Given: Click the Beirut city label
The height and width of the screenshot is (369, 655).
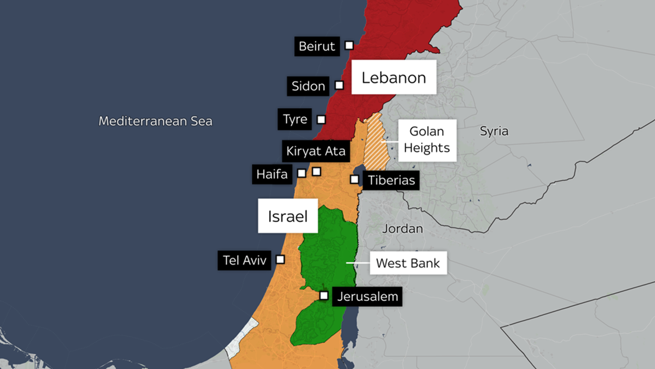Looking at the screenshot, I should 317,46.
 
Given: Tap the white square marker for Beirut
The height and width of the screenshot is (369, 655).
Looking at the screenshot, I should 349,45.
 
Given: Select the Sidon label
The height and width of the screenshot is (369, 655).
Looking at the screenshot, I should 308,86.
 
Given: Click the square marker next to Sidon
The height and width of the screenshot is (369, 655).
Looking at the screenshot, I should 339,85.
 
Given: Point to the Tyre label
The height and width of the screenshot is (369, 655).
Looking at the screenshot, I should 295,119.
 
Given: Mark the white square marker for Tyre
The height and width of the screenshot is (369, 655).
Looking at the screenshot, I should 321,120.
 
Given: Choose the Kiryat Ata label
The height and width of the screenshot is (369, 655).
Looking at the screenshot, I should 316,151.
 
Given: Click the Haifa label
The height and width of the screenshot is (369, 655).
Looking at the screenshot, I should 272,174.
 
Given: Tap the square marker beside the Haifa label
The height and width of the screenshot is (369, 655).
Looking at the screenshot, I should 302,173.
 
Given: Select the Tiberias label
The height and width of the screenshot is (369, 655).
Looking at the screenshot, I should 391,180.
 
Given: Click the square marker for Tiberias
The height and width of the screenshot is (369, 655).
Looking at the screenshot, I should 355,179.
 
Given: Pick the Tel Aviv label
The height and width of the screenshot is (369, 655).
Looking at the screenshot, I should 244,260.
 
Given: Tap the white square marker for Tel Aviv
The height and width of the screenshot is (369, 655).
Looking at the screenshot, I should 280,260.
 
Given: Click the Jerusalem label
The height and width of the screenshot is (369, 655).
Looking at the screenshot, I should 367,296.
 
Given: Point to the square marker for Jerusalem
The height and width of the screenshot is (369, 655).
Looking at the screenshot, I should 324,296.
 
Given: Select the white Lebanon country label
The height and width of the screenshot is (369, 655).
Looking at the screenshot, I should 394,77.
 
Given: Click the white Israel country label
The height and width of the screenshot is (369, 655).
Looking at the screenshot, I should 288,216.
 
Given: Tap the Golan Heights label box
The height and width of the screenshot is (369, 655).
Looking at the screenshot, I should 427,140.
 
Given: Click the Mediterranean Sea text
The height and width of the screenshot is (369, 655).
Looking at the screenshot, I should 156,121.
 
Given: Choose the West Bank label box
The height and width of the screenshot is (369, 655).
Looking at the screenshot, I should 408,263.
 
